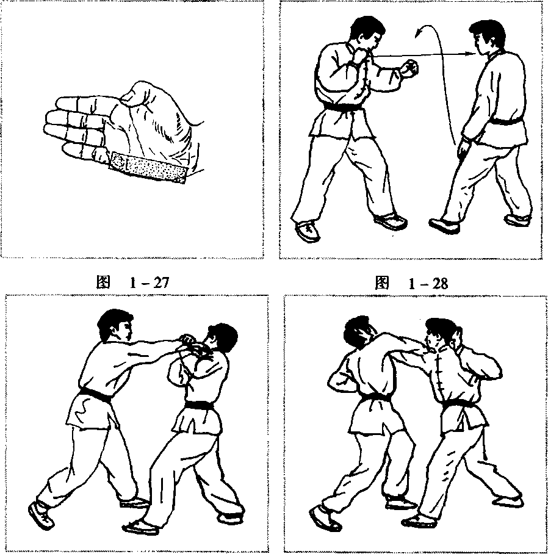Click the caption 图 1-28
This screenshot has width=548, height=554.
pos(411,283)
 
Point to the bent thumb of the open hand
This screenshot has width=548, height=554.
pos(137,93)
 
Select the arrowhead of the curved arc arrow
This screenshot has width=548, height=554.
pos(419,32)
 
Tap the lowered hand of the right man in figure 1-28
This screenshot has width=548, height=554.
pos(464,150)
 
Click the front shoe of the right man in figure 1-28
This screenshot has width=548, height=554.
pos(445,225)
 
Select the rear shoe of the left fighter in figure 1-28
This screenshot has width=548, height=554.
pos(308,231)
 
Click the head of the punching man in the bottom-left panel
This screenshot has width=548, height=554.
pos(115,326)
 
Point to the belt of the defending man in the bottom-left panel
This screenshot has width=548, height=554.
pos(198,405)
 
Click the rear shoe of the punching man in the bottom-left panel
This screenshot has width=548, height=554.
pos(41,515)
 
